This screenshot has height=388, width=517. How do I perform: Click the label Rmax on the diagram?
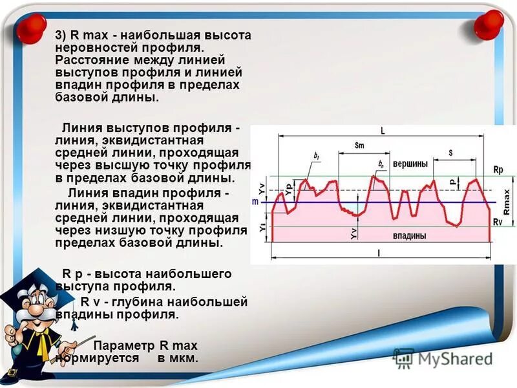click(x=507, y=201)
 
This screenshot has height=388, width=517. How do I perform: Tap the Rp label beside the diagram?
click(x=498, y=169)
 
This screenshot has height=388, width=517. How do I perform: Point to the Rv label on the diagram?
click(x=498, y=222)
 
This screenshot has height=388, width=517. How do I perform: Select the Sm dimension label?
click(x=359, y=145)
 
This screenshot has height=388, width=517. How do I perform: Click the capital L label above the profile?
click(x=383, y=131)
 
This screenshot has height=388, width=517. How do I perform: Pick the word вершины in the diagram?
click(x=410, y=164)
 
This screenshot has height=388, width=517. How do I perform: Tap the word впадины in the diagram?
click(x=410, y=236)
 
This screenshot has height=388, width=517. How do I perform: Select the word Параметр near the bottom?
click(x=120, y=345)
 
